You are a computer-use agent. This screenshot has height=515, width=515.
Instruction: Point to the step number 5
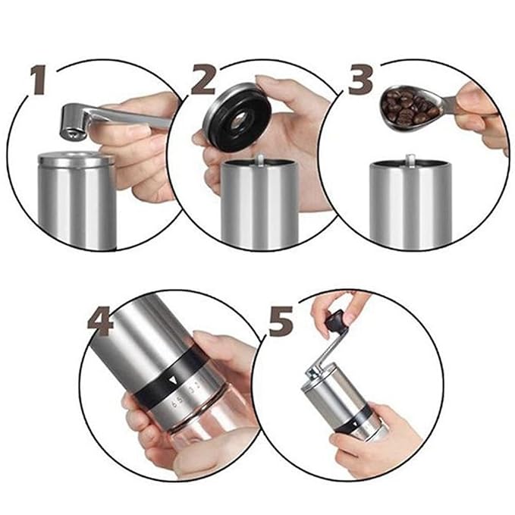pos(281,323)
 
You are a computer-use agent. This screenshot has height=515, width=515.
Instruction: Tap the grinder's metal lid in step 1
pos(75,160)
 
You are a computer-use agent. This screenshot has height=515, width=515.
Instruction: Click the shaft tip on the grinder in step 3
pos(410,160)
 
